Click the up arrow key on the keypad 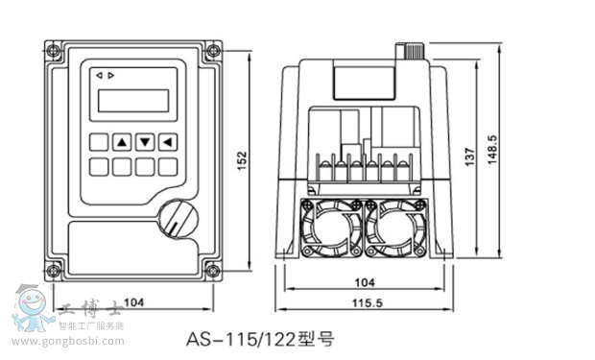point(122,142)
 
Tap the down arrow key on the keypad point(145,142)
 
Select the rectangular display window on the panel point(133,101)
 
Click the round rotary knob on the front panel point(178,219)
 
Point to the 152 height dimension point(242,161)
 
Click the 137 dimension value point(470,156)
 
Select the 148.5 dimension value point(492,150)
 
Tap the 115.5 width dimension point(368,303)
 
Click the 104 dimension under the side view point(365,282)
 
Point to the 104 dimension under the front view point(134,302)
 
